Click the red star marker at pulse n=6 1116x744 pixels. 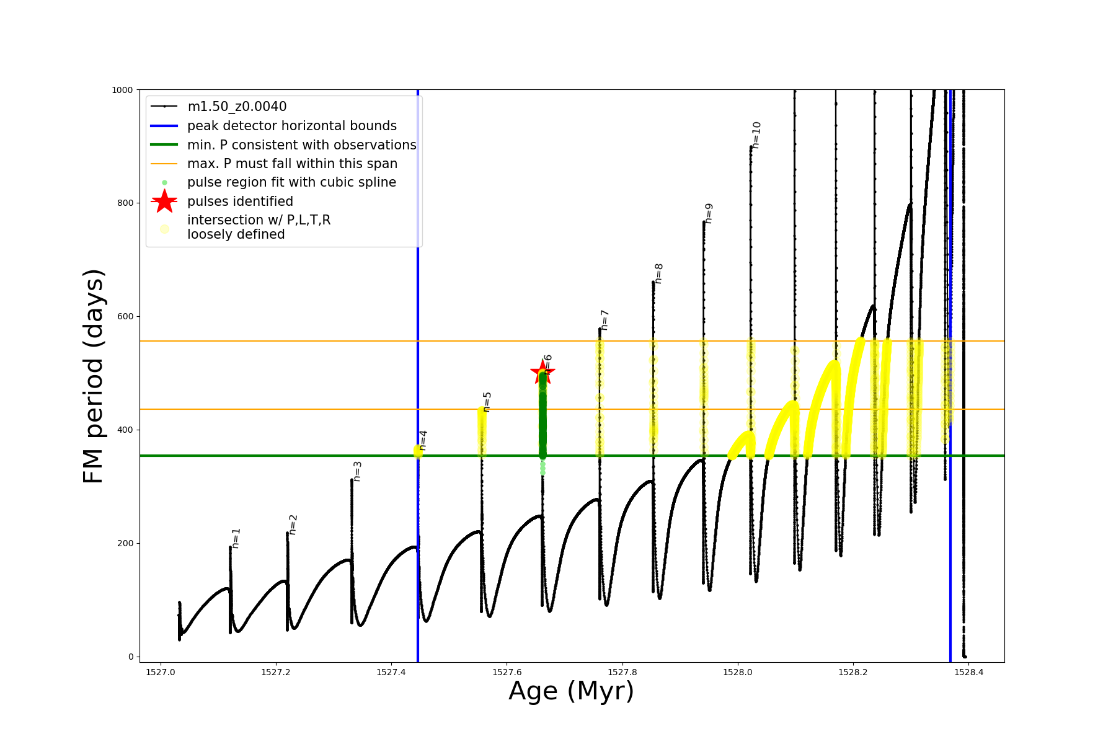click(542, 373)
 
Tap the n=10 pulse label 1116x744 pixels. click(756, 135)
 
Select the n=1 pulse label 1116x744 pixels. click(236, 538)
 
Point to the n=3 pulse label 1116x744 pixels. click(357, 471)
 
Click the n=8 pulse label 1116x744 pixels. click(658, 273)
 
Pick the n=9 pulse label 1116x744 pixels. click(709, 213)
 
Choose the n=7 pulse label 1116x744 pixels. click(604, 320)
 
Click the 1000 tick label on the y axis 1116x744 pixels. click(122, 90)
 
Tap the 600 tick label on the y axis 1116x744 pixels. click(126, 316)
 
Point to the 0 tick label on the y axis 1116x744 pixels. click(131, 657)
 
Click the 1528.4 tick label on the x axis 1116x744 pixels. click(969, 672)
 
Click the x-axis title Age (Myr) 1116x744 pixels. click(571, 691)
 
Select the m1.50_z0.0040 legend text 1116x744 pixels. click(237, 107)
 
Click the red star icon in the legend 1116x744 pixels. click(164, 201)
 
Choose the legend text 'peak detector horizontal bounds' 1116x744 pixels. click(292, 126)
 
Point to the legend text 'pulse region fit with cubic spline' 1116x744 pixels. click(291, 182)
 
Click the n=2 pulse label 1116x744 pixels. click(293, 525)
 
